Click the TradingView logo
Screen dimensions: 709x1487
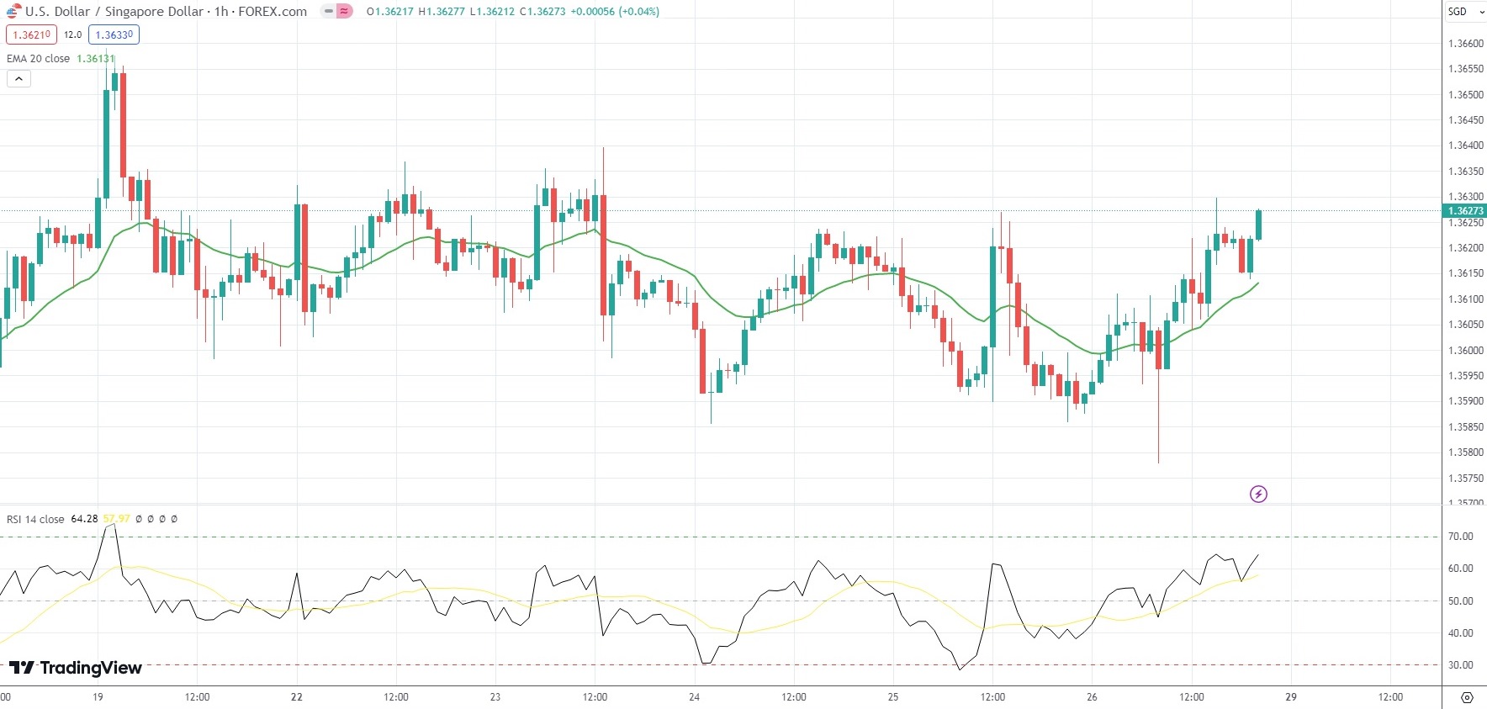click(x=76, y=668)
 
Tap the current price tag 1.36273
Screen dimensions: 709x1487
click(x=1464, y=211)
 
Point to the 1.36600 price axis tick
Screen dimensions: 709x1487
click(x=1465, y=44)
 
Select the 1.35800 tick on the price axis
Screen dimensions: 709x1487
click(x=1465, y=452)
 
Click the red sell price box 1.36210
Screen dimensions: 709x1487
click(x=31, y=34)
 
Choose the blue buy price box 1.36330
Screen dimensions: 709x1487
click(x=114, y=34)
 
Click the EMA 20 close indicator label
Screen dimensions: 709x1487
click(x=39, y=59)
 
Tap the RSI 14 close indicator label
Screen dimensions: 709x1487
click(x=35, y=519)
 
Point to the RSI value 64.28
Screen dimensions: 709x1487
click(x=84, y=519)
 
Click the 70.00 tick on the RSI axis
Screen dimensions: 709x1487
click(x=1460, y=537)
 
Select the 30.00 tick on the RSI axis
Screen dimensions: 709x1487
click(x=1460, y=665)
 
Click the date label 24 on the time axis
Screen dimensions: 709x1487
click(x=694, y=696)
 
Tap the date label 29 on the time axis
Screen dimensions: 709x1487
click(x=1291, y=696)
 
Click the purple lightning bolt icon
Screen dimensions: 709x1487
click(x=1258, y=494)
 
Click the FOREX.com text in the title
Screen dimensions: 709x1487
click(x=273, y=12)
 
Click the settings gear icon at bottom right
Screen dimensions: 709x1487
click(x=1467, y=697)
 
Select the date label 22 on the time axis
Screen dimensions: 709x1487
click(x=296, y=696)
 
